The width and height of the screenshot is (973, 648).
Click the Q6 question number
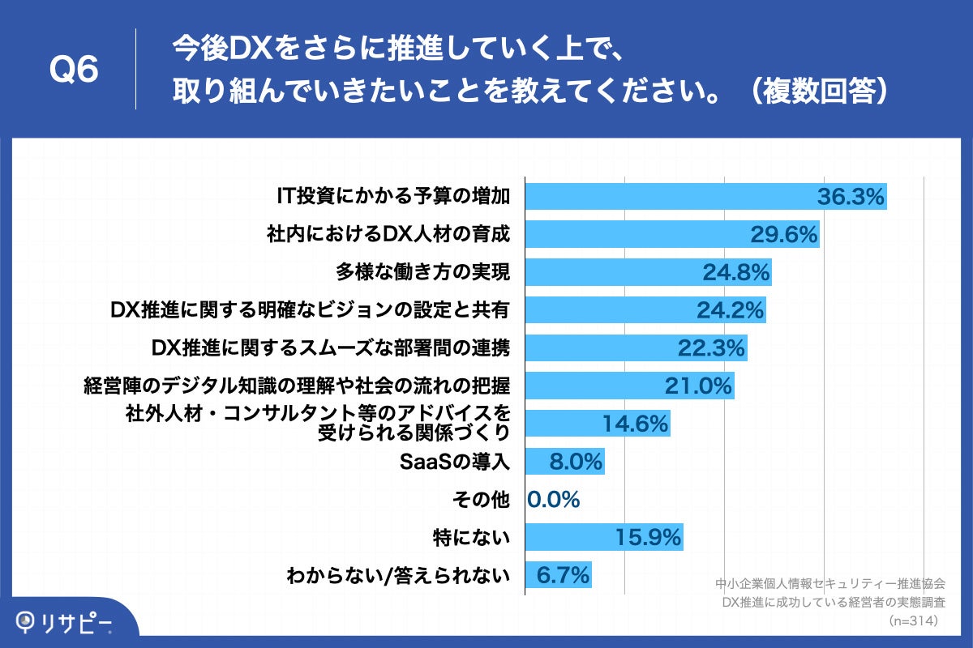coord(74,70)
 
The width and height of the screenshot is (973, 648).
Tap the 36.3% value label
coord(849,197)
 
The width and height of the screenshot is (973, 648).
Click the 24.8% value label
coord(735,273)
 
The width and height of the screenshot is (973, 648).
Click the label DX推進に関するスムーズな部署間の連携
coord(331,347)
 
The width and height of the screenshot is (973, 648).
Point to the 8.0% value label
coord(577,463)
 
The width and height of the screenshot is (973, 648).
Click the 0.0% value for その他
coord(554,500)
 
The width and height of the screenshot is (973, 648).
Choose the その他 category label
coord(483,500)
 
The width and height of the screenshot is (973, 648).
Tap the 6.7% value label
coord(562,576)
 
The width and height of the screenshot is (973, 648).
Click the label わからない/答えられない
coord(398,576)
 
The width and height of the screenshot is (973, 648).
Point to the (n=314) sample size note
coord(914,621)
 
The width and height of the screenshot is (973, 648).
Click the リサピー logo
coord(65,621)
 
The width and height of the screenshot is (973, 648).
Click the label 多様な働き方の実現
coord(423,272)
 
